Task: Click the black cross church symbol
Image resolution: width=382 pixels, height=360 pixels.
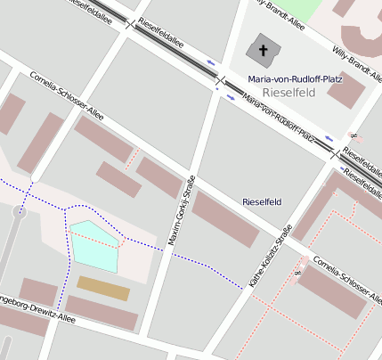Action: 264,51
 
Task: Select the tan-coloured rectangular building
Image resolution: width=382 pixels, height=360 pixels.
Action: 102,288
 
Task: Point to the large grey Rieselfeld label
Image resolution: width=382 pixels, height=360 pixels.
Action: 290,93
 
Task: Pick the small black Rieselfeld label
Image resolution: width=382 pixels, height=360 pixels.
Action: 262,202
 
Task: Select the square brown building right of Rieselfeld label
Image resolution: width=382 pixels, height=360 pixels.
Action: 345,90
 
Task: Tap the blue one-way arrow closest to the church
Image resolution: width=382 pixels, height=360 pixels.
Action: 211,61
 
